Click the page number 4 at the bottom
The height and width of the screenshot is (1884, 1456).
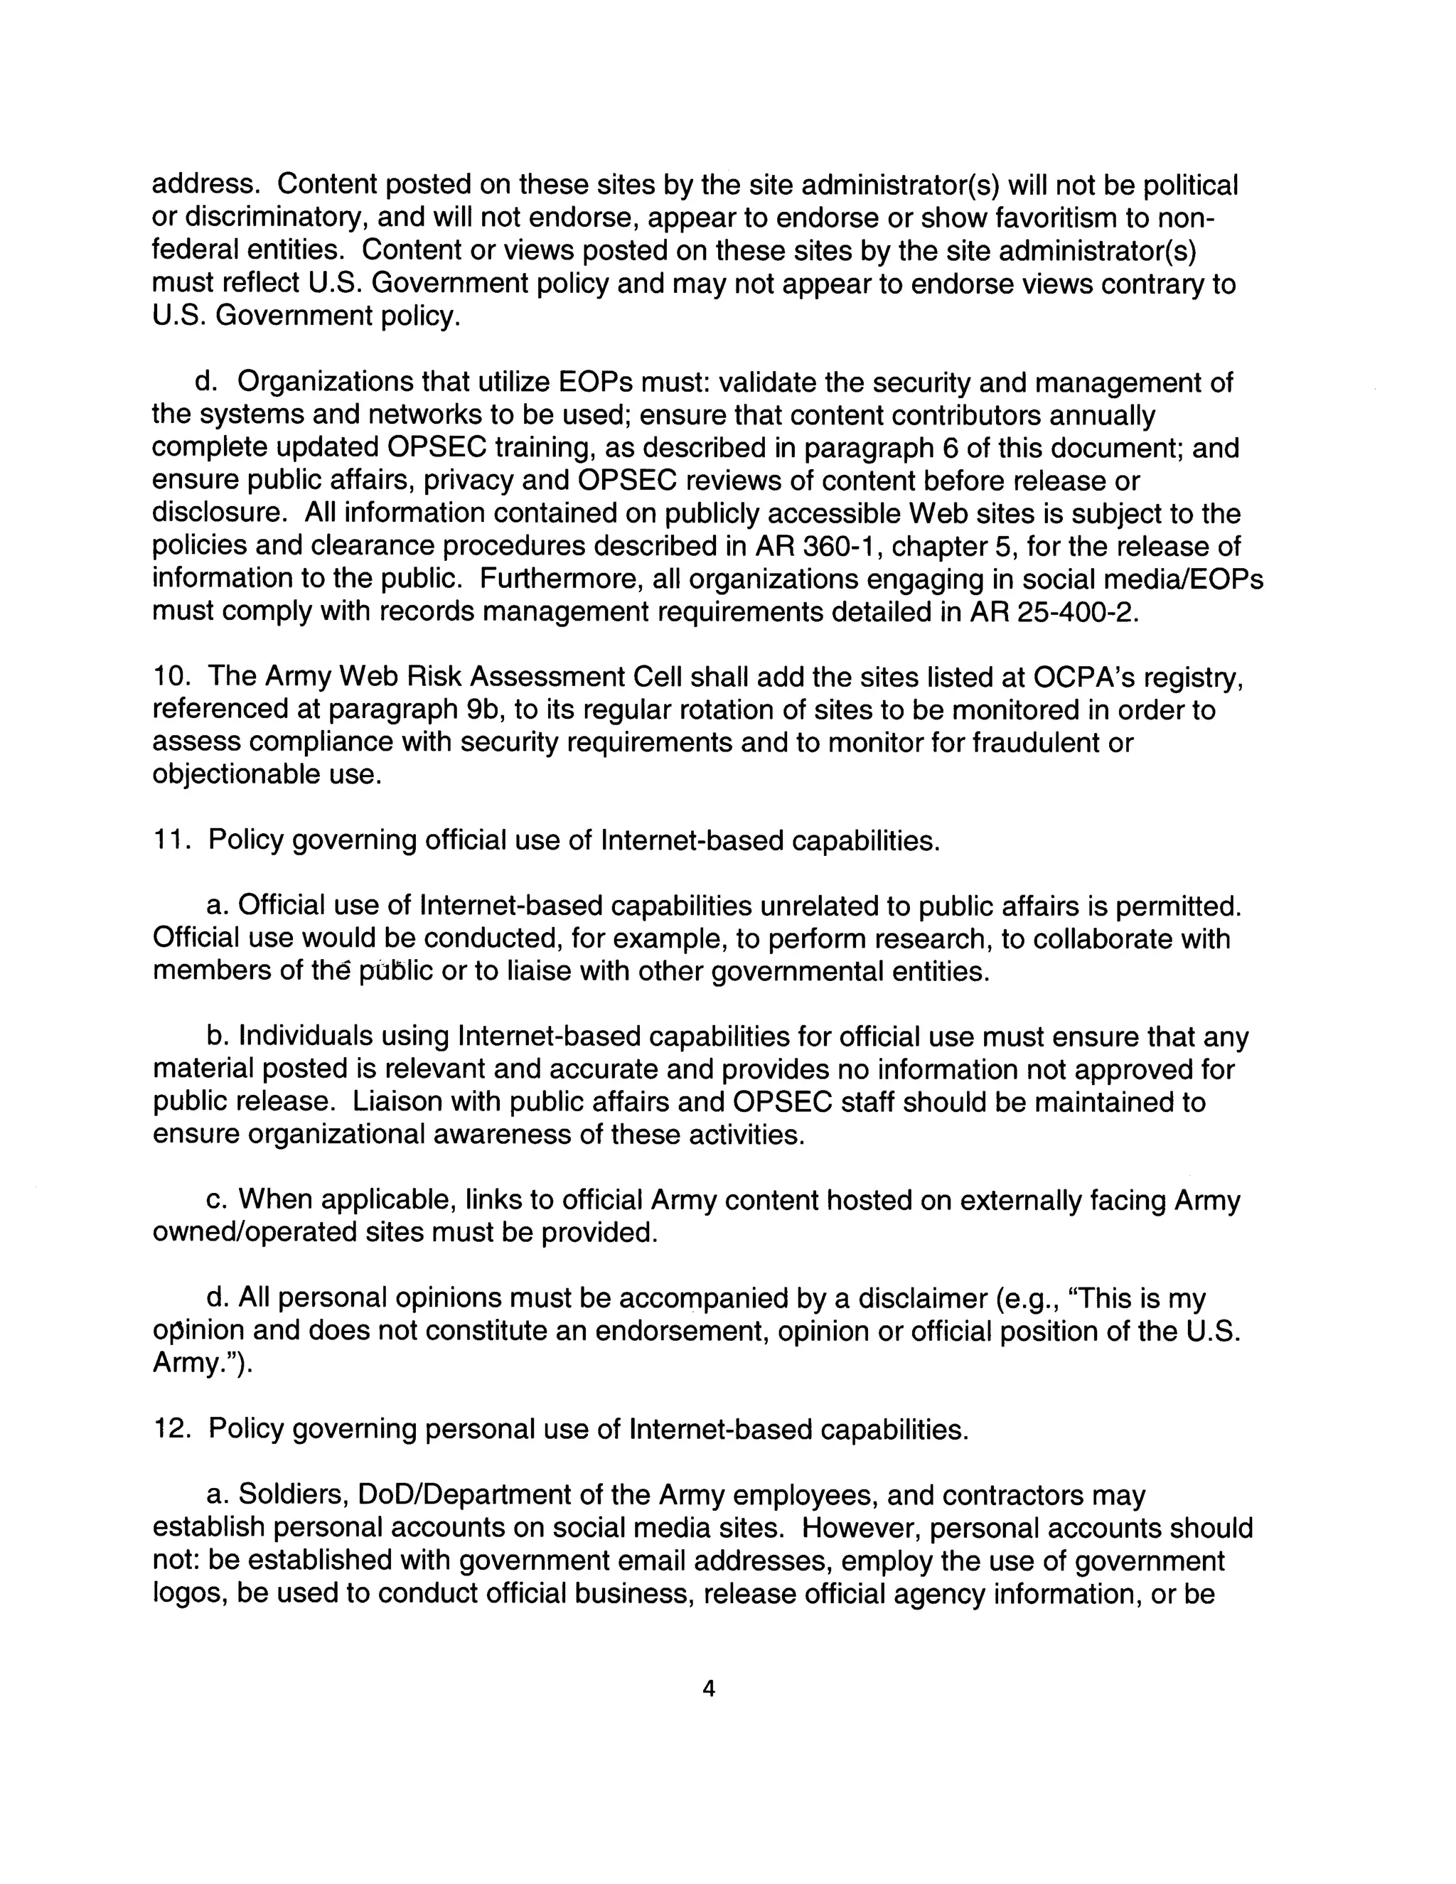coord(709,1689)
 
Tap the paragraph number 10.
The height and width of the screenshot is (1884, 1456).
coord(170,677)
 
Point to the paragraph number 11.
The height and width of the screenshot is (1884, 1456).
coord(170,840)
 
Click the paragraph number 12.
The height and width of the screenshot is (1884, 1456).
coord(170,1430)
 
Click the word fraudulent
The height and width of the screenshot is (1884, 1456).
coord(1036,743)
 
